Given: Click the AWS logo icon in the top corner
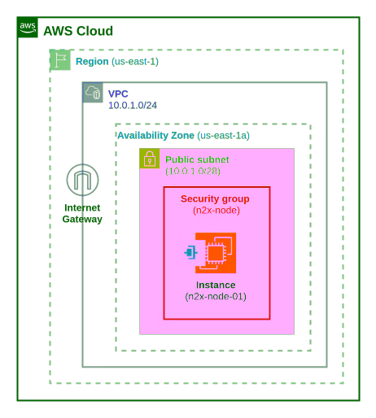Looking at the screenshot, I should point(28,28).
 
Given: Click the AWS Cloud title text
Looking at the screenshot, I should point(78,31).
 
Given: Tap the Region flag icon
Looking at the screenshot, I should point(60,59).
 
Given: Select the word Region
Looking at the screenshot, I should point(92,61).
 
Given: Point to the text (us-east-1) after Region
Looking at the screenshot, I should point(135,61).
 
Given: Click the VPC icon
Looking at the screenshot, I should point(93,92).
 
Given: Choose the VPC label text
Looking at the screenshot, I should point(119,94).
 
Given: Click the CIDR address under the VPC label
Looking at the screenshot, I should point(133,105).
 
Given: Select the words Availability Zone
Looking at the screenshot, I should point(155,134).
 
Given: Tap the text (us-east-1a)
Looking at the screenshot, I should point(224,134).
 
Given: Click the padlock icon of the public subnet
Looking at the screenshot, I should point(150,159).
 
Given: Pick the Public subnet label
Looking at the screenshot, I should point(197,159).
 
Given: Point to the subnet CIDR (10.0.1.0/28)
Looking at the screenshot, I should point(193,171).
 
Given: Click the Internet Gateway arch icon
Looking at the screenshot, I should point(82,181).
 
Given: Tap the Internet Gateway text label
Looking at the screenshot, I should point(82,213).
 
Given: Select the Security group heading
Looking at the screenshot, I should point(215,198).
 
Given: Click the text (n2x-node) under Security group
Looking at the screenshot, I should point(216,210).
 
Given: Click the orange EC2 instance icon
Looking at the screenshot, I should point(216,253).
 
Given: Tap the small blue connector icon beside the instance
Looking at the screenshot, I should point(190,253).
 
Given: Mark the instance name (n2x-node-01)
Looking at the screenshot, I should point(216,296).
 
